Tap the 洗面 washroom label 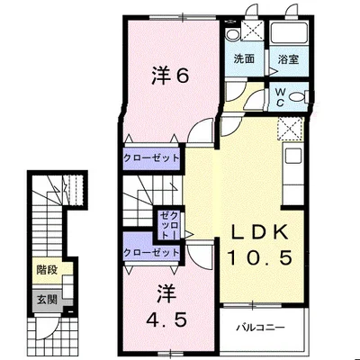pyautogui.click(x=244, y=59)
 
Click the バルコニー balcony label pyautogui.click(x=262, y=326)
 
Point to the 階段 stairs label pyautogui.click(x=47, y=269)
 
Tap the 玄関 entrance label pyautogui.click(x=47, y=298)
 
